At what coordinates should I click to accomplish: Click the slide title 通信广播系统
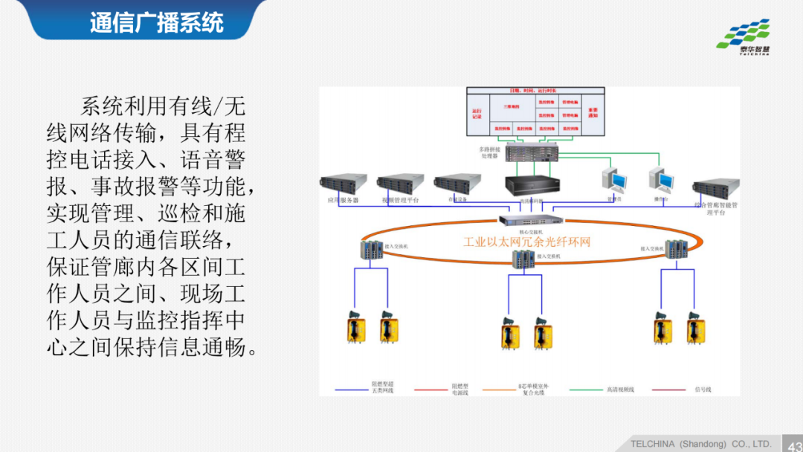coord(156,22)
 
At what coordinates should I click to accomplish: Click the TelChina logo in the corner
coord(743,37)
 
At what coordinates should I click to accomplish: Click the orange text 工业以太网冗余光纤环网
coord(526,242)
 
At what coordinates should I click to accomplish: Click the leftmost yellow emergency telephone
coord(355,327)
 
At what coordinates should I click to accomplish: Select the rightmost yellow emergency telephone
coord(695,327)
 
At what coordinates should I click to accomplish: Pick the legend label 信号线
coord(703,389)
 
